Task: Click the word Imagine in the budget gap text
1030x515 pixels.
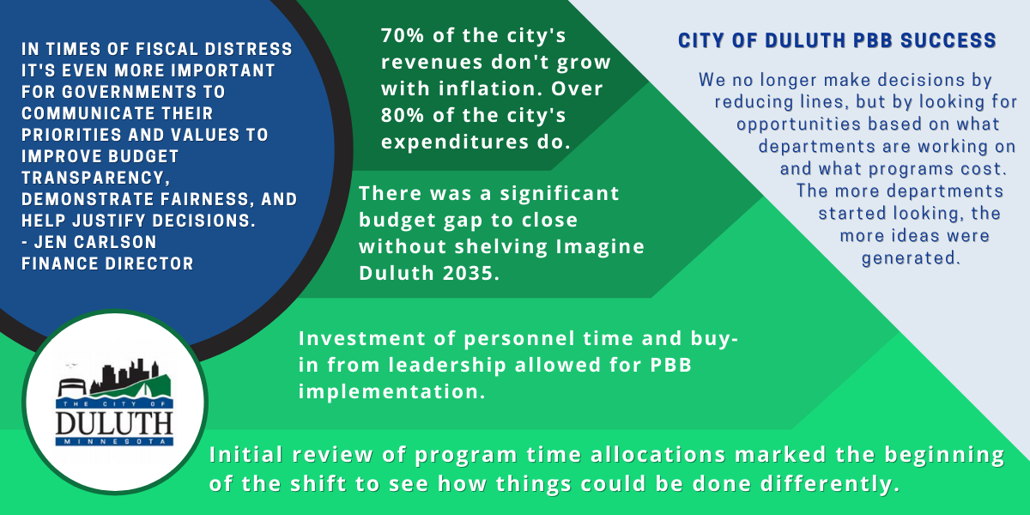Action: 600,247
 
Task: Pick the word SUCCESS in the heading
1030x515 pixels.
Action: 948,40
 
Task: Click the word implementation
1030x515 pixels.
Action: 391,391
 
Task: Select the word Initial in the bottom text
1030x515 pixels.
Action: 246,455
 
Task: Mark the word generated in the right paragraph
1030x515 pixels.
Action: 911,258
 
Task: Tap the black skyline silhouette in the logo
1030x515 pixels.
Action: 125,376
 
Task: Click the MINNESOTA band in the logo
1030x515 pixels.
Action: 114,441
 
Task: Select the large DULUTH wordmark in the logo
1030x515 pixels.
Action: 114,423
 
